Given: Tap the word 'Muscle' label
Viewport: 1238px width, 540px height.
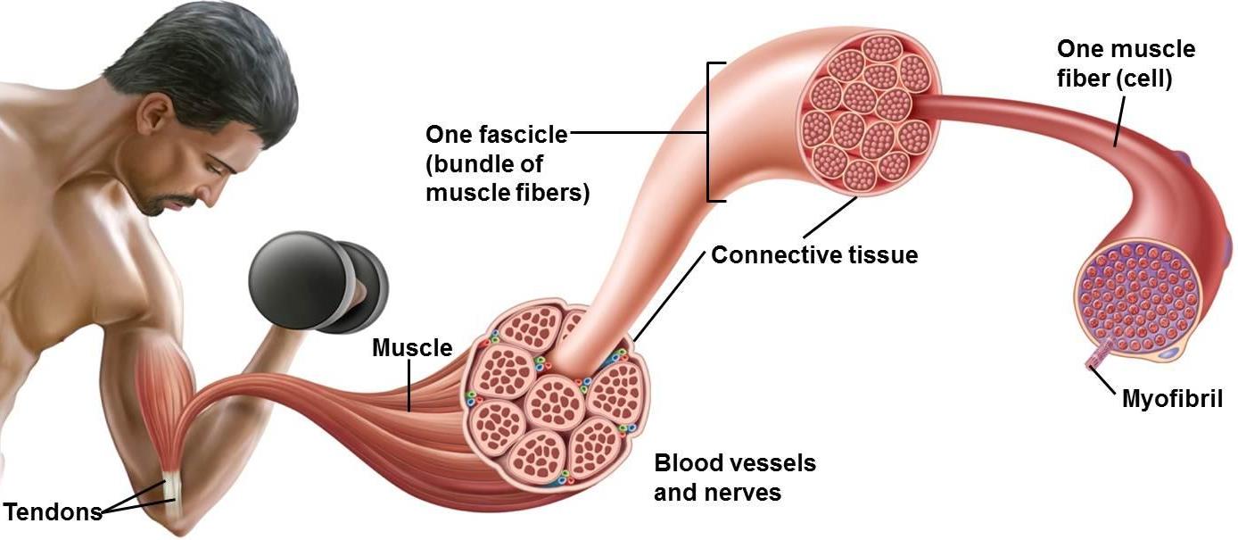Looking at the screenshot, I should [412, 347].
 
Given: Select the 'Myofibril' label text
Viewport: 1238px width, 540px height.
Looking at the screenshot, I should [1172, 398].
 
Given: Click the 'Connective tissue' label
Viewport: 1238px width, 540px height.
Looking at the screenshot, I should [813, 255].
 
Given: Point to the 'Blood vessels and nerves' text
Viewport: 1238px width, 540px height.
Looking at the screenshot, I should [734, 478].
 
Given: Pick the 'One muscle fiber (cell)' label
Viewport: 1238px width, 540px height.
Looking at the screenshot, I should [1125, 62].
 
